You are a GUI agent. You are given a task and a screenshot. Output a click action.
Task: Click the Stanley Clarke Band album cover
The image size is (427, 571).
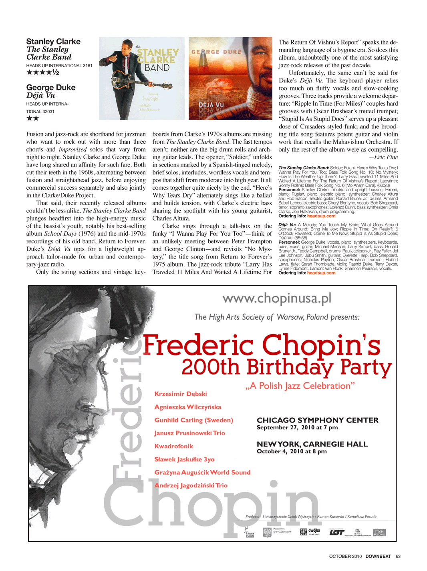click(x=142, y=78)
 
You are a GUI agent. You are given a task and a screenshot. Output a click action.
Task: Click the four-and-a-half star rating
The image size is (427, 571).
click(x=43, y=72)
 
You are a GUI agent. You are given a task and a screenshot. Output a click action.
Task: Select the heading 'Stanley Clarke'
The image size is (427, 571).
click(x=53, y=42)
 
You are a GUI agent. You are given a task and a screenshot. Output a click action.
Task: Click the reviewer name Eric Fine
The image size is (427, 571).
click(x=386, y=157)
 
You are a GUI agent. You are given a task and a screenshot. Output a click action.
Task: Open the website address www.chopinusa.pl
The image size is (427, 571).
click(x=277, y=299)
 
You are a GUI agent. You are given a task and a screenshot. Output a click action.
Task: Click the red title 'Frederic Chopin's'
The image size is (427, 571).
click(x=261, y=345)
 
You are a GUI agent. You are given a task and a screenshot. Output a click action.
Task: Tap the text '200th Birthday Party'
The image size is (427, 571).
click(x=286, y=367)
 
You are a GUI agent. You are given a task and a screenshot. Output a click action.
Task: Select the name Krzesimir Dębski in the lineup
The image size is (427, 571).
click(x=181, y=394)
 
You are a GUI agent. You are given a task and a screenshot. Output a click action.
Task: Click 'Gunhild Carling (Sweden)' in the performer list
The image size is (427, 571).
click(x=194, y=420)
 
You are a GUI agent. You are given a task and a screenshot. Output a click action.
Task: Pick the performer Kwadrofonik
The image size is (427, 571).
click(x=174, y=446)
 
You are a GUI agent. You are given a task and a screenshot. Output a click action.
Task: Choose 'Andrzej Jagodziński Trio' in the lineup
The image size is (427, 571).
click(x=191, y=485)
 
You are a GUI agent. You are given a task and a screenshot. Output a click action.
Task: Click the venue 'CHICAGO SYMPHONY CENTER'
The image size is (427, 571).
click(x=317, y=420)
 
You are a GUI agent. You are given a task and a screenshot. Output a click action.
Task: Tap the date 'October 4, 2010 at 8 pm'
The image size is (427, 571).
click(x=292, y=451)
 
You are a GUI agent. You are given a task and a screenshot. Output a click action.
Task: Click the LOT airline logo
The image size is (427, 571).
click(x=336, y=532)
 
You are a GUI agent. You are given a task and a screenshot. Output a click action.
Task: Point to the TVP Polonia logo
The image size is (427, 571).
click(x=379, y=533)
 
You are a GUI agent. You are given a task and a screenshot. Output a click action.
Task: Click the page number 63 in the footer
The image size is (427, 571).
click(x=398, y=556)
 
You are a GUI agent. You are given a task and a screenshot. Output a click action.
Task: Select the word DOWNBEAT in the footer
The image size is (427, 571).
click(x=378, y=556)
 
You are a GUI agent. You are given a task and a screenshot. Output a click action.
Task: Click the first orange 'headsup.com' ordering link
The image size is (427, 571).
click(x=321, y=216)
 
